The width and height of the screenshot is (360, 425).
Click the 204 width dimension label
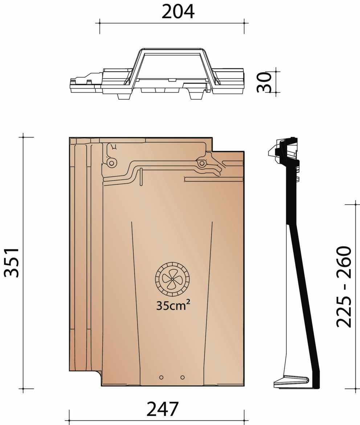pos(178,12)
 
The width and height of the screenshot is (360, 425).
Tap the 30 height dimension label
pos(264,82)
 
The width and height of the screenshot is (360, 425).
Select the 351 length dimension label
pos(12,262)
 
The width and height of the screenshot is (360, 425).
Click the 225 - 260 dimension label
pos(344,286)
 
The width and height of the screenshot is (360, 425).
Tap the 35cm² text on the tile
pos(173,306)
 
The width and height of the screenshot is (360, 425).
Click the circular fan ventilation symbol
pos(173,279)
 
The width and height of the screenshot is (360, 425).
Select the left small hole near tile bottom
pos(161,377)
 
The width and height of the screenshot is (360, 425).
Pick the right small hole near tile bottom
pos(183,377)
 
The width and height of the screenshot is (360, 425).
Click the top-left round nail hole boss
pos(111,163)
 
